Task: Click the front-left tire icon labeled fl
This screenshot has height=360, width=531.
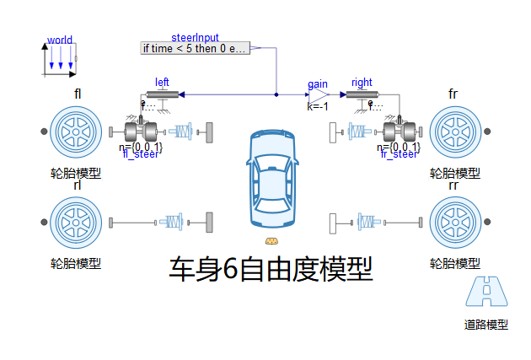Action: pyautogui.click(x=76, y=132)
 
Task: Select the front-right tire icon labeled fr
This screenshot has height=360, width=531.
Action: pyautogui.click(x=455, y=132)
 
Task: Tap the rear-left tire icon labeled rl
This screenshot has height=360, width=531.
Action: pyautogui.click(x=76, y=223)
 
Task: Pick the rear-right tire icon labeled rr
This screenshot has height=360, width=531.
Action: pyautogui.click(x=455, y=223)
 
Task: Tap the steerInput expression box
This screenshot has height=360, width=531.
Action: pyautogui.click(x=195, y=48)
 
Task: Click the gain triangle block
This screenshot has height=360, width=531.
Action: pyautogui.click(x=317, y=94)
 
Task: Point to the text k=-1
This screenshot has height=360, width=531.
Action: pyautogui.click(x=317, y=107)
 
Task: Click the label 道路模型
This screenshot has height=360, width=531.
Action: pyautogui.click(x=487, y=325)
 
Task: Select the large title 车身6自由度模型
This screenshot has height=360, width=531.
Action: pyautogui.click(x=271, y=269)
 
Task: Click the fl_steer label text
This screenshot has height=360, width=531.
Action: pyautogui.click(x=141, y=154)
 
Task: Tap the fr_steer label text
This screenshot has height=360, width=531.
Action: pyautogui.click(x=400, y=154)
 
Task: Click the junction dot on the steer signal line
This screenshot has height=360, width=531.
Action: pyautogui.click(x=276, y=94)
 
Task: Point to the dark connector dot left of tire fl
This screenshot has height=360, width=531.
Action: pyautogui.click(x=45, y=132)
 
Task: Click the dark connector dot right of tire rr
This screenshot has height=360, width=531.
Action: pyautogui.click(x=487, y=223)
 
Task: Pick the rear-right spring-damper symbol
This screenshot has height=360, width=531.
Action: pyautogui.click(x=367, y=223)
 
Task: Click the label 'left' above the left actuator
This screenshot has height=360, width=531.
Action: pyautogui.click(x=162, y=82)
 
